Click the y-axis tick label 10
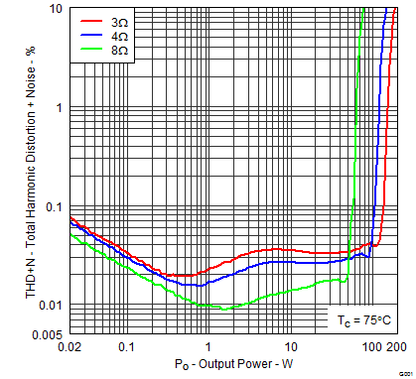(x=58, y=9)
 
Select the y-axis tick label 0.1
(x=54, y=206)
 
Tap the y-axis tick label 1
(x=61, y=107)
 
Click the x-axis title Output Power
(x=231, y=366)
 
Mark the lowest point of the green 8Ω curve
(x=226, y=310)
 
